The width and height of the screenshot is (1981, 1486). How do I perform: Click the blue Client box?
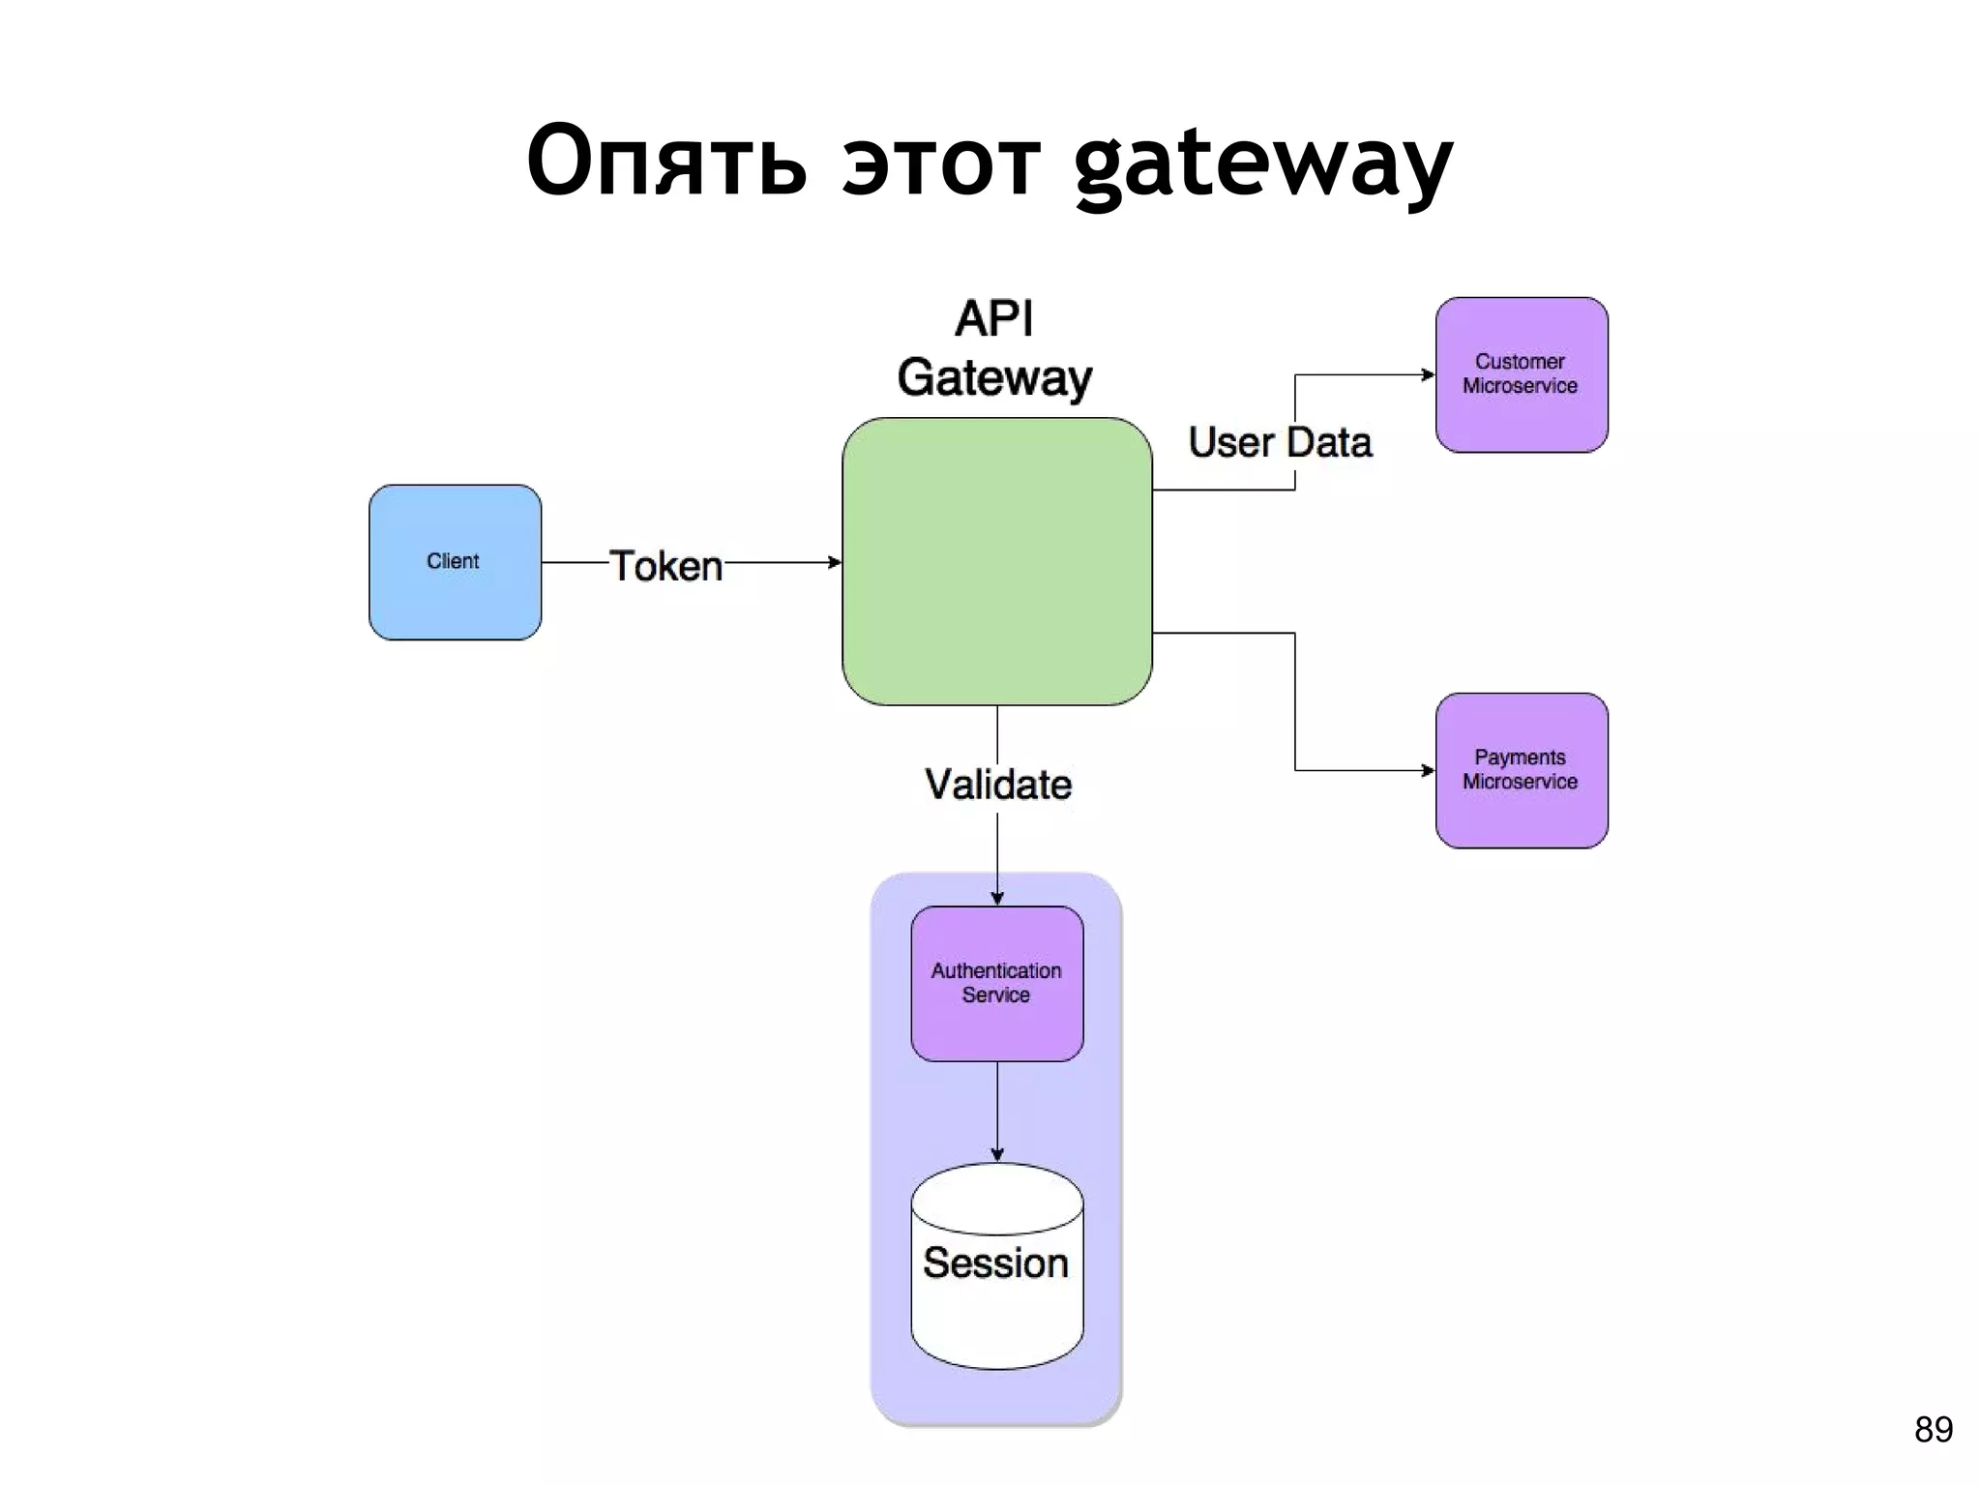455,562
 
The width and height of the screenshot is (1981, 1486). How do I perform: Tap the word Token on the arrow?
665,566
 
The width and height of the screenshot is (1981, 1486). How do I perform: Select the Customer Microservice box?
1521,374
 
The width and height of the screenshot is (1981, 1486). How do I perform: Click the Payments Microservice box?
1521,770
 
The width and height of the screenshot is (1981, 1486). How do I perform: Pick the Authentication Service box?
996,983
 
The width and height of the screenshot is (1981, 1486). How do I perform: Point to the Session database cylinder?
996,1267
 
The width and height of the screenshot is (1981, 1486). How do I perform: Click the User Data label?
1279,442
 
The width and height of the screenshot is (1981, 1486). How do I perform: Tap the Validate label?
997,784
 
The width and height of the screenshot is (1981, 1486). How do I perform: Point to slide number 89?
1933,1429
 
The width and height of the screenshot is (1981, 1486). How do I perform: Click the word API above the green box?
994,318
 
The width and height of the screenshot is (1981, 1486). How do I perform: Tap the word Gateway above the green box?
994,377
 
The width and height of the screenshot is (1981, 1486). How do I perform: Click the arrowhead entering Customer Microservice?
1428,374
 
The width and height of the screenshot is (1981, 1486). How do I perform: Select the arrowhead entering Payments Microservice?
1428,770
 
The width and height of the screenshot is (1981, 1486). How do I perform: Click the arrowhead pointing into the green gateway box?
835,562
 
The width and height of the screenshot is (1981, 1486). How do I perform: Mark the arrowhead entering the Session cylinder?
997,1155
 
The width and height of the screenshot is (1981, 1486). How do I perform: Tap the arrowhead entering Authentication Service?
997,899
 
